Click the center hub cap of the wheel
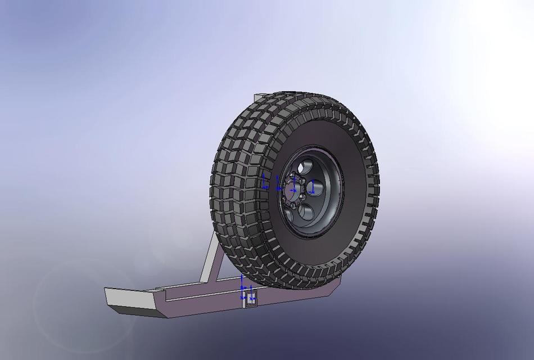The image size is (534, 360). (293, 190)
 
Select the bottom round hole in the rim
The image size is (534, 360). (306, 211)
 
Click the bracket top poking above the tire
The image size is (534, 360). (259, 98)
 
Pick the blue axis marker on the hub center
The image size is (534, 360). (293, 183)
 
